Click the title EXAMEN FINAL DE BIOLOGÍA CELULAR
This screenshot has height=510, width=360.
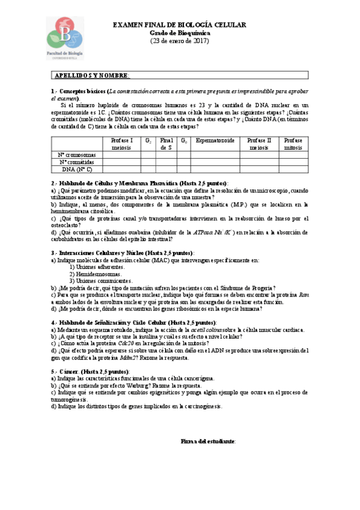point(180,25)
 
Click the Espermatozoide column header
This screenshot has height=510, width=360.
point(215,140)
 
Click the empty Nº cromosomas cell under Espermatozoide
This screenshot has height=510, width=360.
point(215,155)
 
